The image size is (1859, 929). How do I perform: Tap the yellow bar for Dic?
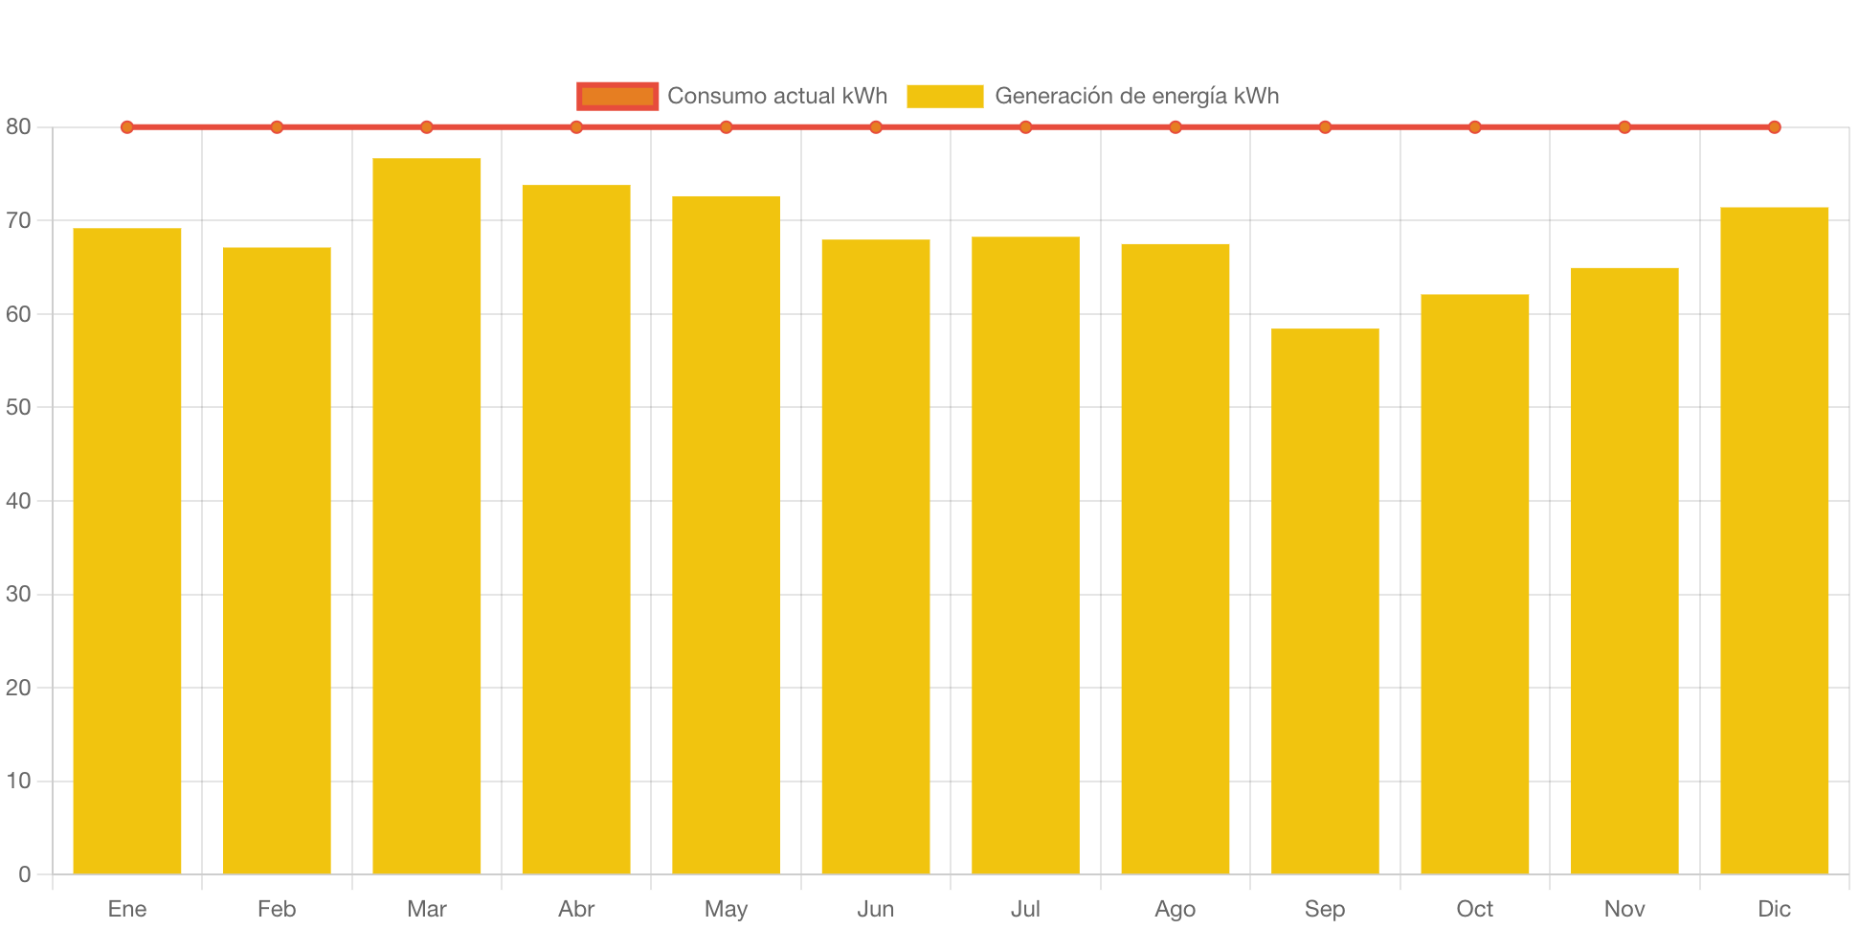pos(1774,540)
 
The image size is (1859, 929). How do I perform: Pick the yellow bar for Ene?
pos(127,551)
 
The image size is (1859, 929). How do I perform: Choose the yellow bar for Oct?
pos(1474,583)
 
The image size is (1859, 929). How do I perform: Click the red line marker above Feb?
pos(277,127)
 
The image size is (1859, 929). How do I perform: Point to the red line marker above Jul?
pos(1025,127)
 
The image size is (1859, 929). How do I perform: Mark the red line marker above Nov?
pos(1624,127)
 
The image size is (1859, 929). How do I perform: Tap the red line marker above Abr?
pos(576,127)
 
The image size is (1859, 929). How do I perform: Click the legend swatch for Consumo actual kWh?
pos(617,96)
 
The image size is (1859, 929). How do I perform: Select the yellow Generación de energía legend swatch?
pos(945,96)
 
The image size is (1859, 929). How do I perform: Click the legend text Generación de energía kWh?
pos(1136,96)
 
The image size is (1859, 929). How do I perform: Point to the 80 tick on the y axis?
pos(18,127)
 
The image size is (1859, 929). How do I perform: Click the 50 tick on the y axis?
pos(18,408)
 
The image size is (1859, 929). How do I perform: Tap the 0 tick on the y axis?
pos(24,874)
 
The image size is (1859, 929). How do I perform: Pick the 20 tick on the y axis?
pos(18,688)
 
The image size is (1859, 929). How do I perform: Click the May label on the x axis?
pos(726,909)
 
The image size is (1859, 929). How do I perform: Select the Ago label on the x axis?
pos(1175,909)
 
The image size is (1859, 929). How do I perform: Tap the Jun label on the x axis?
pos(876,909)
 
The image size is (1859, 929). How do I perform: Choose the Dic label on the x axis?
pos(1774,909)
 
